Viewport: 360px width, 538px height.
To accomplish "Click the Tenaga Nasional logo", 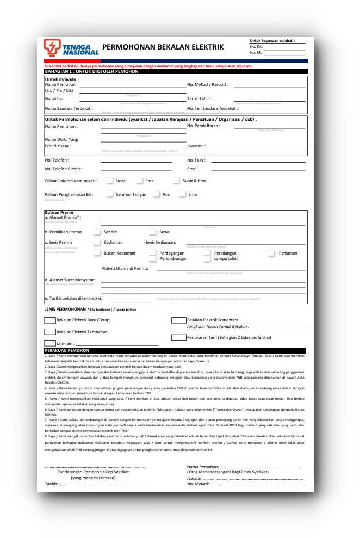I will point(71,47).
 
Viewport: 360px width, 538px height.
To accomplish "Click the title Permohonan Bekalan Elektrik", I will point(163,47).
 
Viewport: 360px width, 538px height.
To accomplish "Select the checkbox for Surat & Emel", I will point(176,181).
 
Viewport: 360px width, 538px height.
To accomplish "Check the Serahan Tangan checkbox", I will point(109,194).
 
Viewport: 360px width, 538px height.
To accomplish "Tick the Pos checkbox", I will point(157,194).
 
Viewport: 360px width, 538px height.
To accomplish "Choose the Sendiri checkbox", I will point(97,232).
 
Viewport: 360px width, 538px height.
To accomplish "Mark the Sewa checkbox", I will point(153,232).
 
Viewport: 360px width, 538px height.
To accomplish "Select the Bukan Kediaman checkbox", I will point(97,253).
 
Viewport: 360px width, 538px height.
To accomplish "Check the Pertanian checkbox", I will point(271,253).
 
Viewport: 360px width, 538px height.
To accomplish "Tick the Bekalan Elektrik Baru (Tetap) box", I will point(49,320).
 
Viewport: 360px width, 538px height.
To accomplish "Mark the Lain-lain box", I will point(49,343).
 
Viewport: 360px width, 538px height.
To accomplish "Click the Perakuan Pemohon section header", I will point(67,351).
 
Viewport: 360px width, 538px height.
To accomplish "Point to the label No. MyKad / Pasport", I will point(208,85).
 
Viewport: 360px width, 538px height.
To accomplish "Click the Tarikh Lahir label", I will point(200,98).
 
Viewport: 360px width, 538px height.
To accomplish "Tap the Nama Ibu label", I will point(55,98).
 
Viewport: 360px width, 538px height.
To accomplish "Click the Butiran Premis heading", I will point(59,212).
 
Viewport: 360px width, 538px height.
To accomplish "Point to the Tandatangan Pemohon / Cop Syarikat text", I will point(93,472).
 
